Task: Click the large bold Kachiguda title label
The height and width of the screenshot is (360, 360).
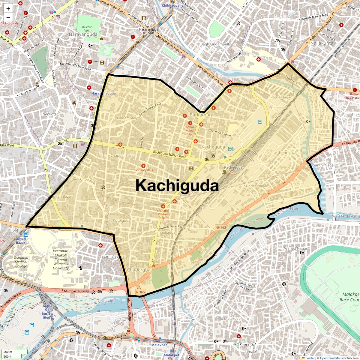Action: pyautogui.click(x=177, y=185)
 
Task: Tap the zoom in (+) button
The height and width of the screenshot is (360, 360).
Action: pyautogui.click(x=8, y=9)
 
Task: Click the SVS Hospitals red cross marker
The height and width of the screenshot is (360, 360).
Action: pyautogui.click(x=143, y=166)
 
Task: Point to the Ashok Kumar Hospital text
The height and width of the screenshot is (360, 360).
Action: pyautogui.click(x=190, y=130)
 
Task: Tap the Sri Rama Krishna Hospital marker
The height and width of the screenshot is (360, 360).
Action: pyautogui.click(x=163, y=206)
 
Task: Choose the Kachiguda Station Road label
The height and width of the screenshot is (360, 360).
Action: pyautogui.click(x=169, y=154)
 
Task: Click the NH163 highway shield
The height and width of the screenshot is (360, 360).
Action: pyautogui.click(x=220, y=227)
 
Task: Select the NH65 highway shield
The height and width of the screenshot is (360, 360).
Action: pyautogui.click(x=140, y=292)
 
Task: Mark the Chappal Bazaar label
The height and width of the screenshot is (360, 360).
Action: pyautogui.click(x=124, y=156)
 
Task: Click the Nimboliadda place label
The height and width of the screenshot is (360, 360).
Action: pyautogui.click(x=164, y=232)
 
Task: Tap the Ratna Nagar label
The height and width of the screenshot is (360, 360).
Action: pyautogui.click(x=281, y=97)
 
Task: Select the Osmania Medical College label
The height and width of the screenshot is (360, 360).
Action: pyautogui.click(x=21, y=262)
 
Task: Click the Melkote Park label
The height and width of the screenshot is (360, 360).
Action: pyautogui.click(x=87, y=29)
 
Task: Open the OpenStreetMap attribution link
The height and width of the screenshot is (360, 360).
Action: pyautogui.click(x=330, y=358)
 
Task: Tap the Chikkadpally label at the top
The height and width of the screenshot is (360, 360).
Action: pyautogui.click(x=172, y=6)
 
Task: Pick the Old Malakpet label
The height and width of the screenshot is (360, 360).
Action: pyautogui.click(x=228, y=319)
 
